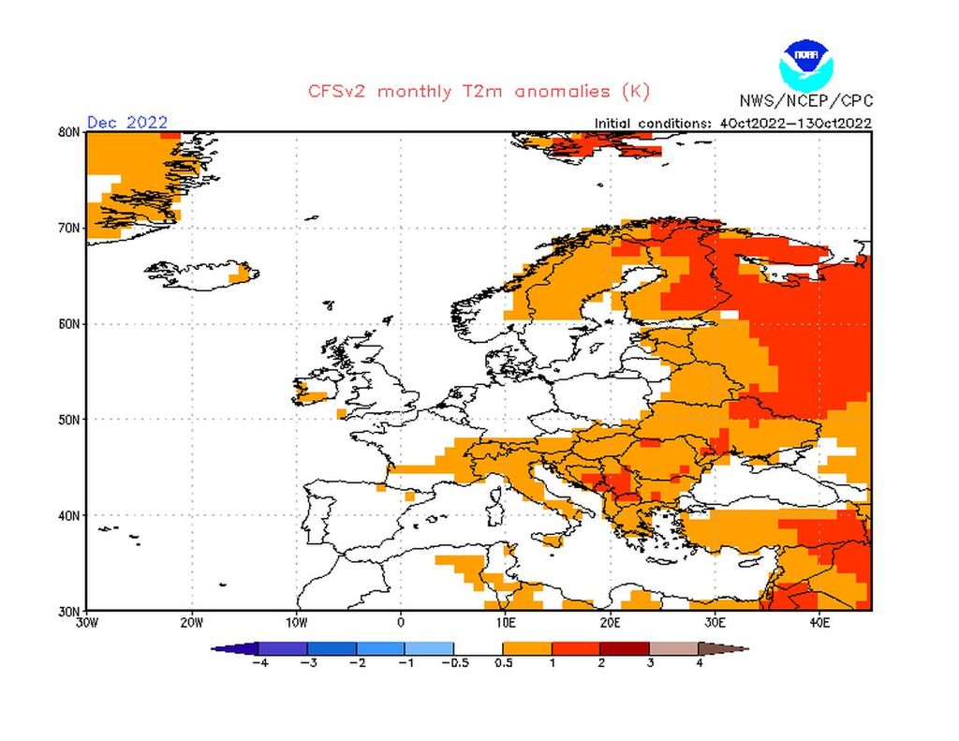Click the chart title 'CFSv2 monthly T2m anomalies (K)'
(x=478, y=92)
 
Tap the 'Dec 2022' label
(x=127, y=122)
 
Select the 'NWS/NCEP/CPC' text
(x=805, y=101)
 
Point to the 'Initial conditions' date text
(x=733, y=123)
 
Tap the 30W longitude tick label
(x=86, y=621)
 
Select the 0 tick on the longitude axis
(x=401, y=621)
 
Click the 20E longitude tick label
(x=610, y=621)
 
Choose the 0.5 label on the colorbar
(x=502, y=662)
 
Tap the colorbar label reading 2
(x=600, y=662)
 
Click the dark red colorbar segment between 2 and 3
(x=625, y=647)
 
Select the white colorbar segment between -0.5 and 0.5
(x=478, y=647)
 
